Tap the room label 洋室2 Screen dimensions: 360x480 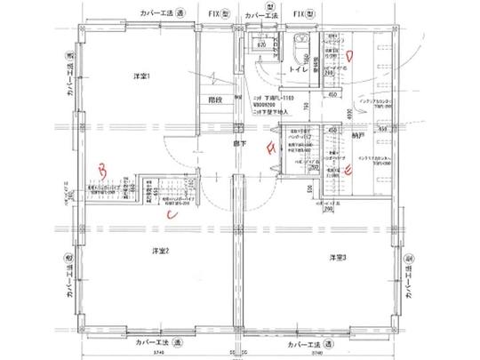pos(160,250)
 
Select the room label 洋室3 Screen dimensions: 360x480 pos(337,257)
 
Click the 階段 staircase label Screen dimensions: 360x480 pos(214,100)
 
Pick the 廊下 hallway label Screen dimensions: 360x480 pos(240,141)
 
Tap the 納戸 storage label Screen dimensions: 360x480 pos(357,137)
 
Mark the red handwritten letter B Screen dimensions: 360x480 pos(103,166)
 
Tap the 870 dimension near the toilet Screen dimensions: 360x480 pos(262,43)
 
